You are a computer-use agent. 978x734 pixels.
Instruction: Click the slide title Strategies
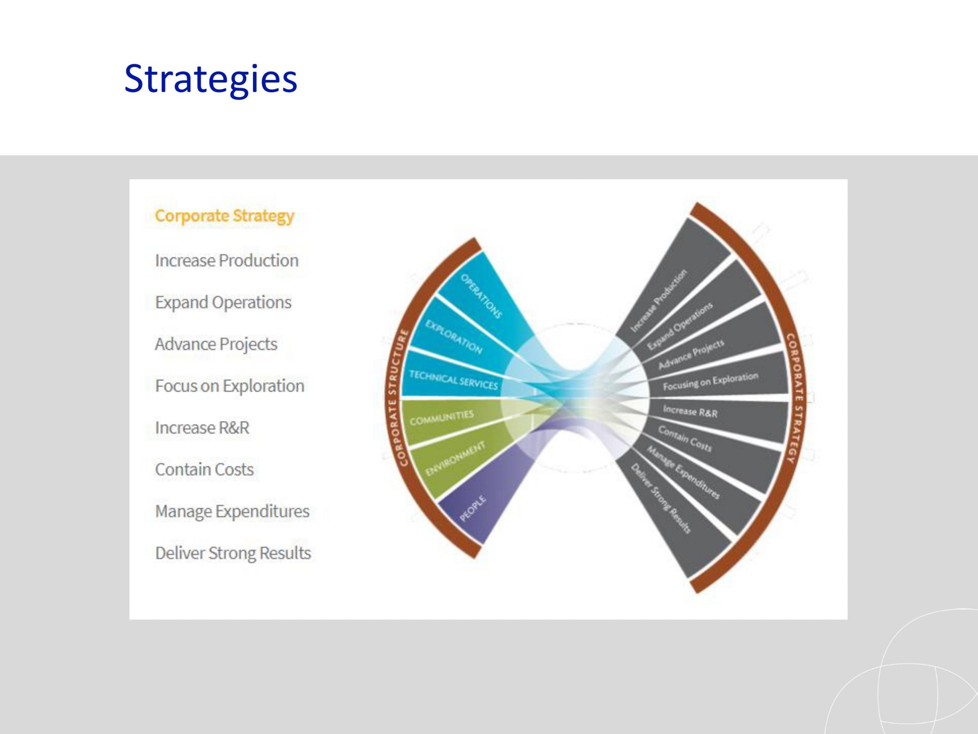click(x=210, y=79)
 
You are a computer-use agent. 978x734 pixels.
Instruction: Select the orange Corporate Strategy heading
click(x=224, y=216)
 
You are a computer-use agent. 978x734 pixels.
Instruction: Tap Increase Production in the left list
click(x=227, y=260)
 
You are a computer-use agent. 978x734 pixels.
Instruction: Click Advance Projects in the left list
click(x=216, y=344)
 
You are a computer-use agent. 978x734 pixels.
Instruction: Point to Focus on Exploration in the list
click(x=230, y=386)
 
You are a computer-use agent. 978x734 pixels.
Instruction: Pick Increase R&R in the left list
click(x=202, y=427)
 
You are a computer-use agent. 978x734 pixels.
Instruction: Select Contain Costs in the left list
click(x=204, y=469)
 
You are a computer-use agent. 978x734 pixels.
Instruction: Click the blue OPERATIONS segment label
click(x=481, y=296)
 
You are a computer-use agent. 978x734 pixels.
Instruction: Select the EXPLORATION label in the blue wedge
click(x=453, y=337)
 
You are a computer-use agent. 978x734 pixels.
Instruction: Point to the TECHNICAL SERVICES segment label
click(x=453, y=380)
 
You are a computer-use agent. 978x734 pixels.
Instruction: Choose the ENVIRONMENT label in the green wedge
click(x=455, y=458)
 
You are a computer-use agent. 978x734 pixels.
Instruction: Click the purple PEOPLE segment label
click(x=473, y=509)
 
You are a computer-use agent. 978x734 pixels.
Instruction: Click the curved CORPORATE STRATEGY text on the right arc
click(x=796, y=398)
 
